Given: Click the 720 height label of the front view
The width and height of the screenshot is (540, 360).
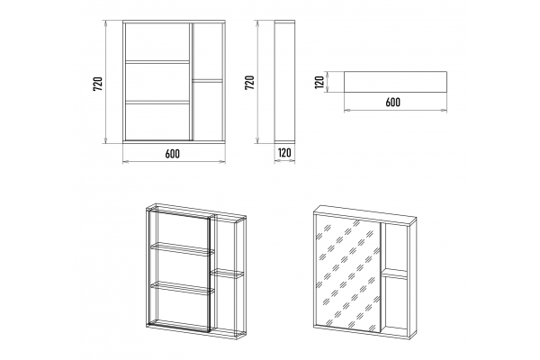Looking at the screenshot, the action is coord(98,84).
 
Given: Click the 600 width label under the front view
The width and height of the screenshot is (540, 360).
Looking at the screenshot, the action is coord(172,154).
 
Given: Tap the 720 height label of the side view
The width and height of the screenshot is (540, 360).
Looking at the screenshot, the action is coord(249,83).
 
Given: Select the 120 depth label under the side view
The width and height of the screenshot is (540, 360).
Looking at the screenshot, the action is coord(284,153).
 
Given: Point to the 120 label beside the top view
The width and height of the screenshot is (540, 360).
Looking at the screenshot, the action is coord(319,82).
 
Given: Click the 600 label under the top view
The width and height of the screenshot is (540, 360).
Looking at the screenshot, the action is coord(393,103).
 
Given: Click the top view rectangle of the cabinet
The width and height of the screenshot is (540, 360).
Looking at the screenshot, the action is coord(395,82).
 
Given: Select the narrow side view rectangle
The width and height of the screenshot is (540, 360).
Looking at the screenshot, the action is coord(284,81).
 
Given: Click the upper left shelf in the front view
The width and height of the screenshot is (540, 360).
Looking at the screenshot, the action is coord(157,62).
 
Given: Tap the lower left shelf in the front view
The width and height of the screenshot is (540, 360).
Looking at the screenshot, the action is coord(157,102).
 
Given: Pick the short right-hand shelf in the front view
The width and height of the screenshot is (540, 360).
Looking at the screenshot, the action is coord(207,81).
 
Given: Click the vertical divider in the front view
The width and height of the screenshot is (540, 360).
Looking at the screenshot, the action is coord(191,82).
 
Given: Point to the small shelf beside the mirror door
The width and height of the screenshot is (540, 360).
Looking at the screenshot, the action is coord(395,274).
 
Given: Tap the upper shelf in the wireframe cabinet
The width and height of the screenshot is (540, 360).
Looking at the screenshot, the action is coord(182,249).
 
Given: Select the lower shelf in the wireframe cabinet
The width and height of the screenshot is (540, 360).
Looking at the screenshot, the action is coord(182,289).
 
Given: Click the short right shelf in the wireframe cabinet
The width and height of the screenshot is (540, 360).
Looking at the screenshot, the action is coord(227,274).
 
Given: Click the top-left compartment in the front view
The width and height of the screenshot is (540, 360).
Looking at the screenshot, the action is coord(157,41).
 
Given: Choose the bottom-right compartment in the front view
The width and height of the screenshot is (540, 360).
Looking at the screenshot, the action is coord(207,111).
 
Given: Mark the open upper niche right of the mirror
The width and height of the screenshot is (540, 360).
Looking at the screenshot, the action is coord(395,247).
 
